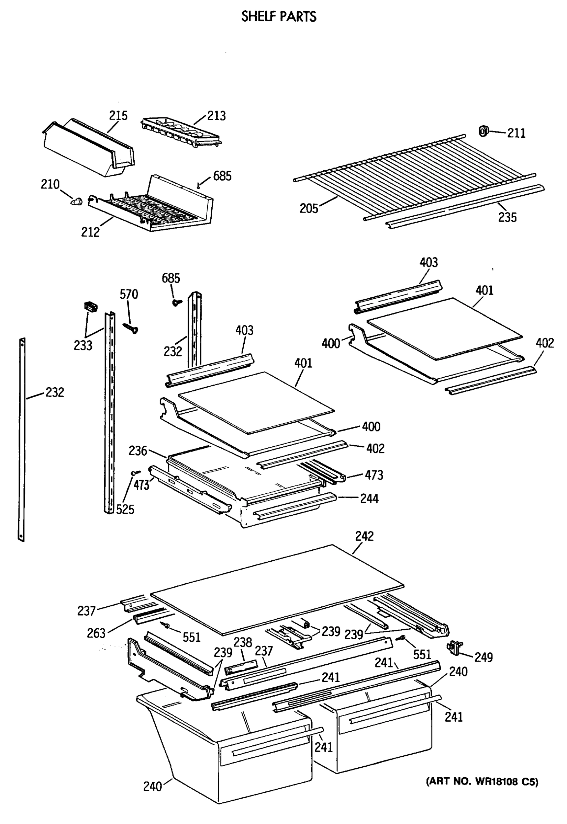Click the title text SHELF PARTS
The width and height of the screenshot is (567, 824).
(x=279, y=17)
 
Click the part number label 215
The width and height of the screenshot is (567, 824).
(x=118, y=115)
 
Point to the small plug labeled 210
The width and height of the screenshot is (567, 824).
(x=76, y=202)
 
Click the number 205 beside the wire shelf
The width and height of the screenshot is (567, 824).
(x=308, y=208)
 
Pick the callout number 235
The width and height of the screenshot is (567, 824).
(x=507, y=217)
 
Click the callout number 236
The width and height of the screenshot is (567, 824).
(x=137, y=451)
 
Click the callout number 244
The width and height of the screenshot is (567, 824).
(x=369, y=499)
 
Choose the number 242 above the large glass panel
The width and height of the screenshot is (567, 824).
(x=364, y=536)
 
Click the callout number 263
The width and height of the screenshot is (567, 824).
(x=96, y=633)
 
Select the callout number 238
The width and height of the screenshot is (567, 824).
(x=243, y=642)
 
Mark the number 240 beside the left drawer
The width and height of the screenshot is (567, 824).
(x=153, y=786)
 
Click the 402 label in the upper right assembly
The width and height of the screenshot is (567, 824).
(x=545, y=343)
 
